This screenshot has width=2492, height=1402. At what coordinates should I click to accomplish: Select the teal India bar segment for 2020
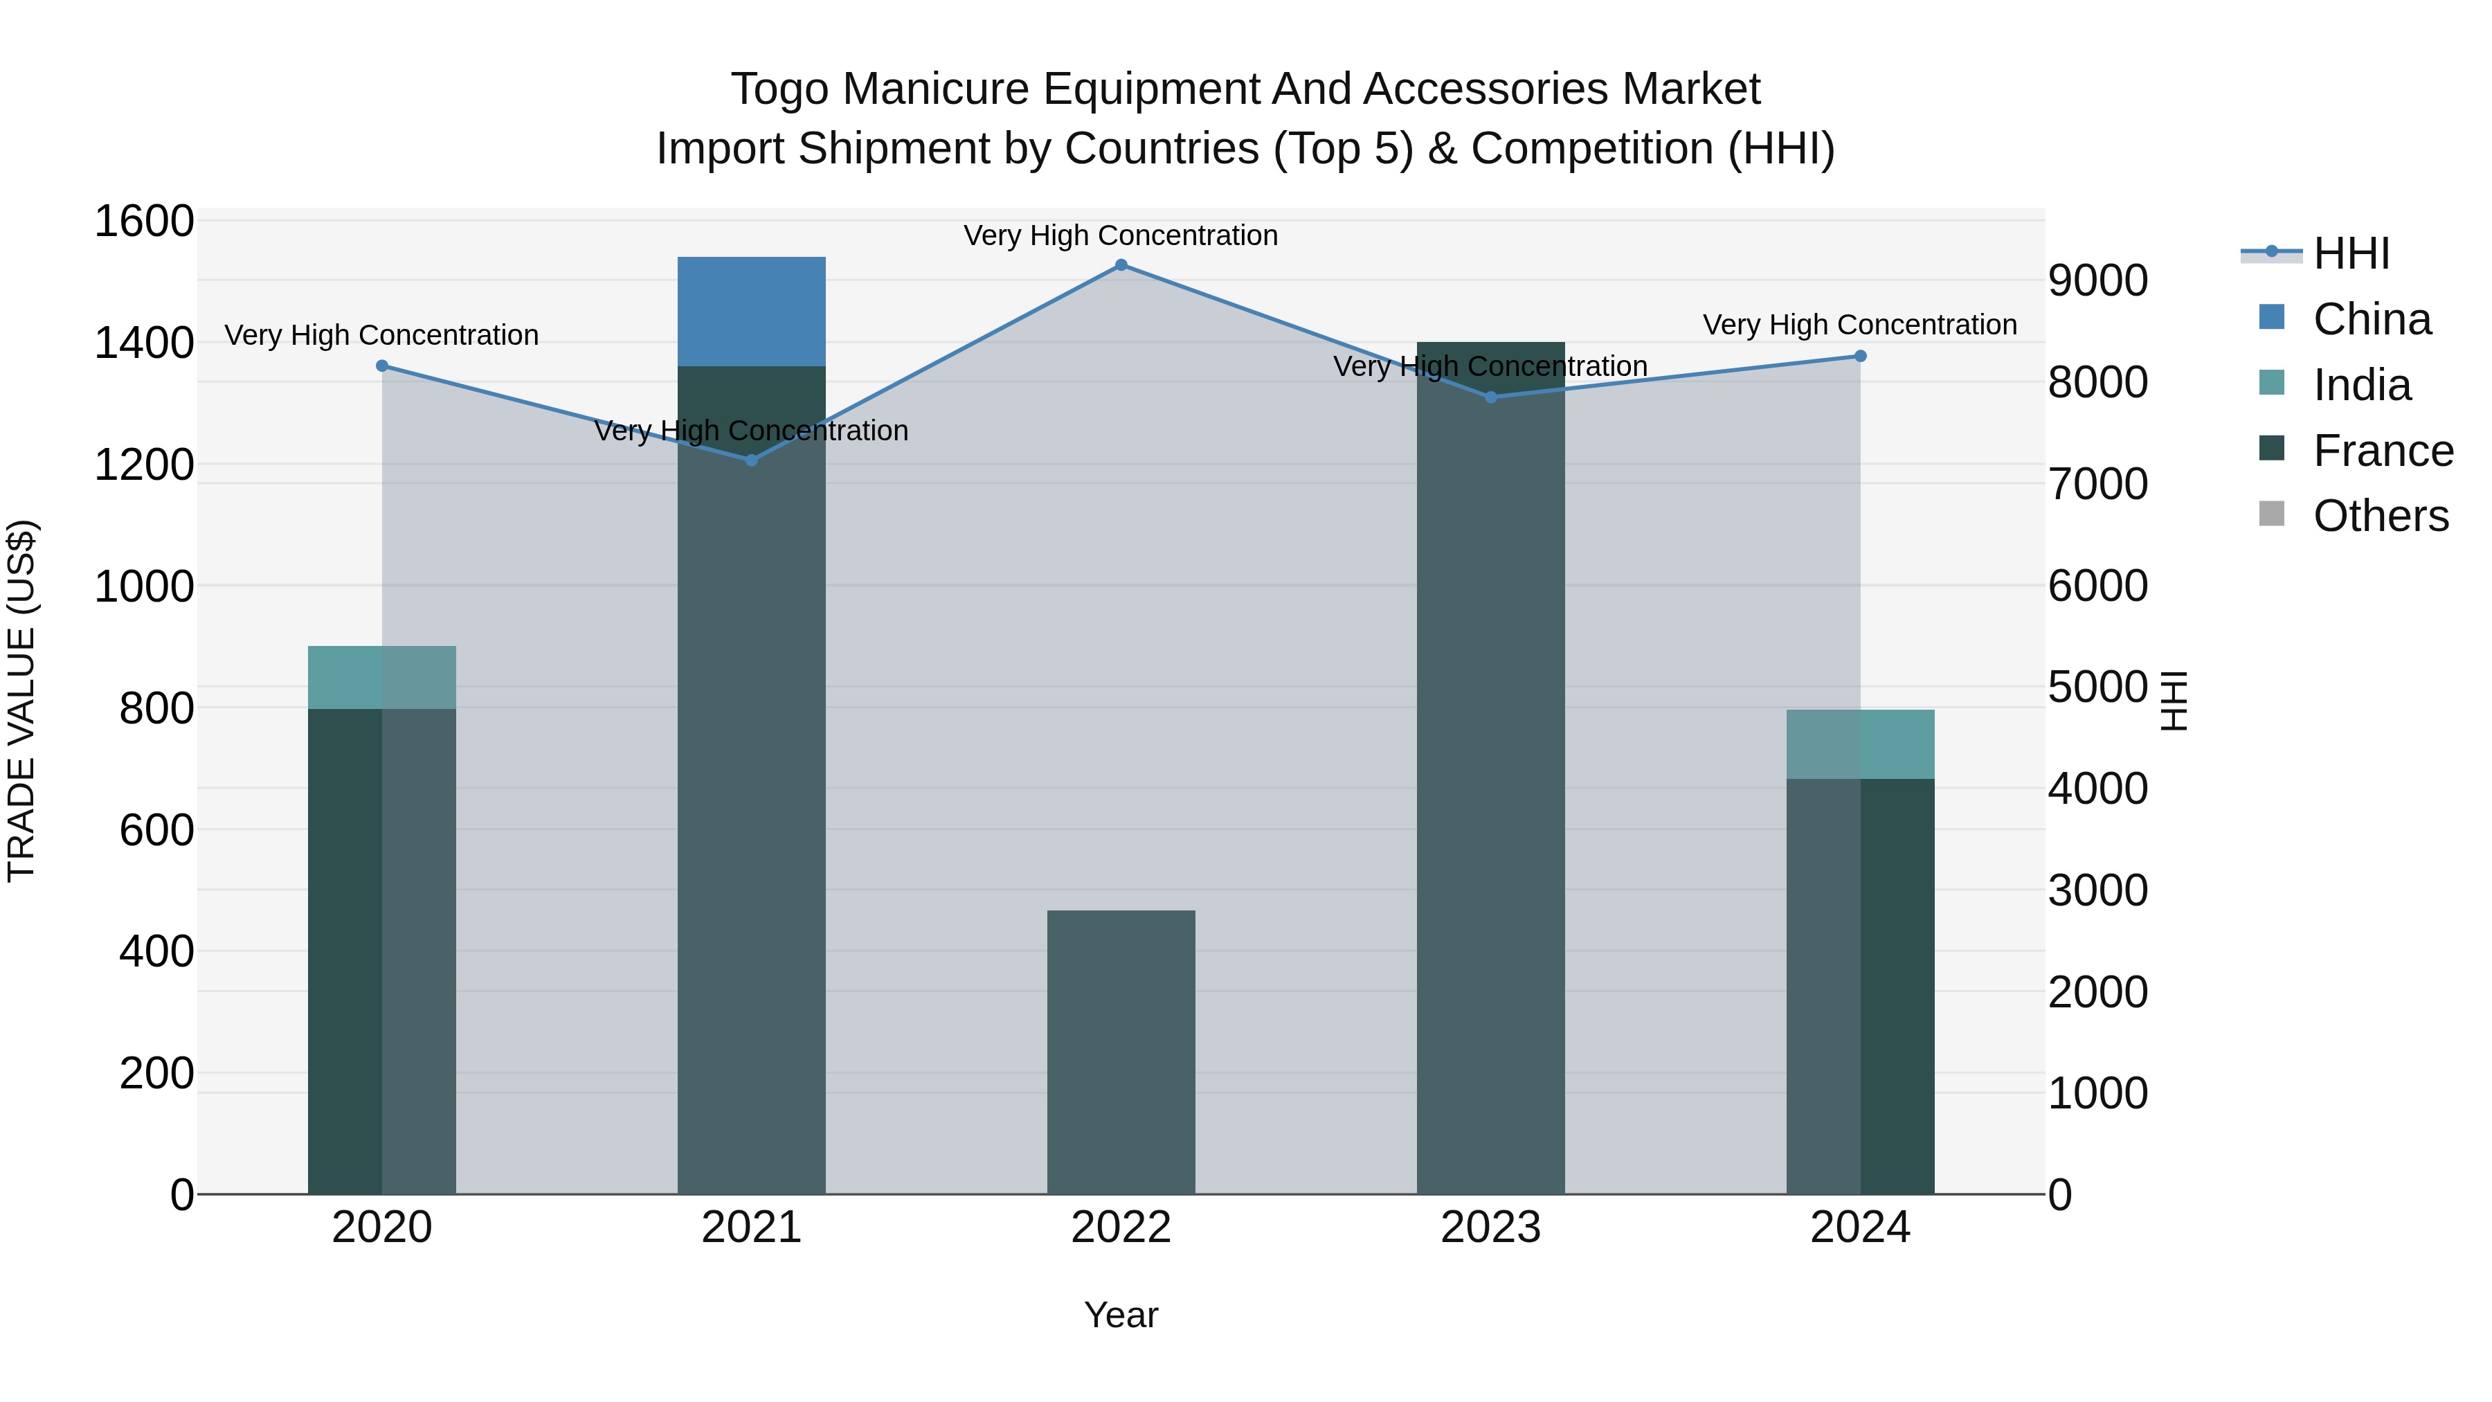pos(381,676)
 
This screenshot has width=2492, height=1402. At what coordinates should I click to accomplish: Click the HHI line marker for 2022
pos(1121,265)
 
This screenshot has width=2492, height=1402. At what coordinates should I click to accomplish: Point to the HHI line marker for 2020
pos(382,366)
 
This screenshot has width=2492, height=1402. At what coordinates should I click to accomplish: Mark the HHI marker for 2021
pos(752,460)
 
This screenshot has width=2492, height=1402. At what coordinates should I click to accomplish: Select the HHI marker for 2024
pos(1860,356)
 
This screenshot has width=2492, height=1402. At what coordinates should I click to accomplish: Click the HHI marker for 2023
pos(1491,397)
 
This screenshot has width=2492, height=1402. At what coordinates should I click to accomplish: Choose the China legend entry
pos(2371,319)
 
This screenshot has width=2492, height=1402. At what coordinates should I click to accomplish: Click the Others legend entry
pos(2381,516)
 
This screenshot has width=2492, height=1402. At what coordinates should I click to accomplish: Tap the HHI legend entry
pos(2351,253)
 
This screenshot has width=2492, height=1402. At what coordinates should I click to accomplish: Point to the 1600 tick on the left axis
pos(143,222)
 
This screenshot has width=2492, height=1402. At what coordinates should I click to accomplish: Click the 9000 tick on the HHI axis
pos(2097,280)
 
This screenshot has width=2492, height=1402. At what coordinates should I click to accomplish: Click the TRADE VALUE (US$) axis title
pos(21,701)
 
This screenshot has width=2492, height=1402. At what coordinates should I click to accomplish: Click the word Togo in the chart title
pos(779,89)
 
